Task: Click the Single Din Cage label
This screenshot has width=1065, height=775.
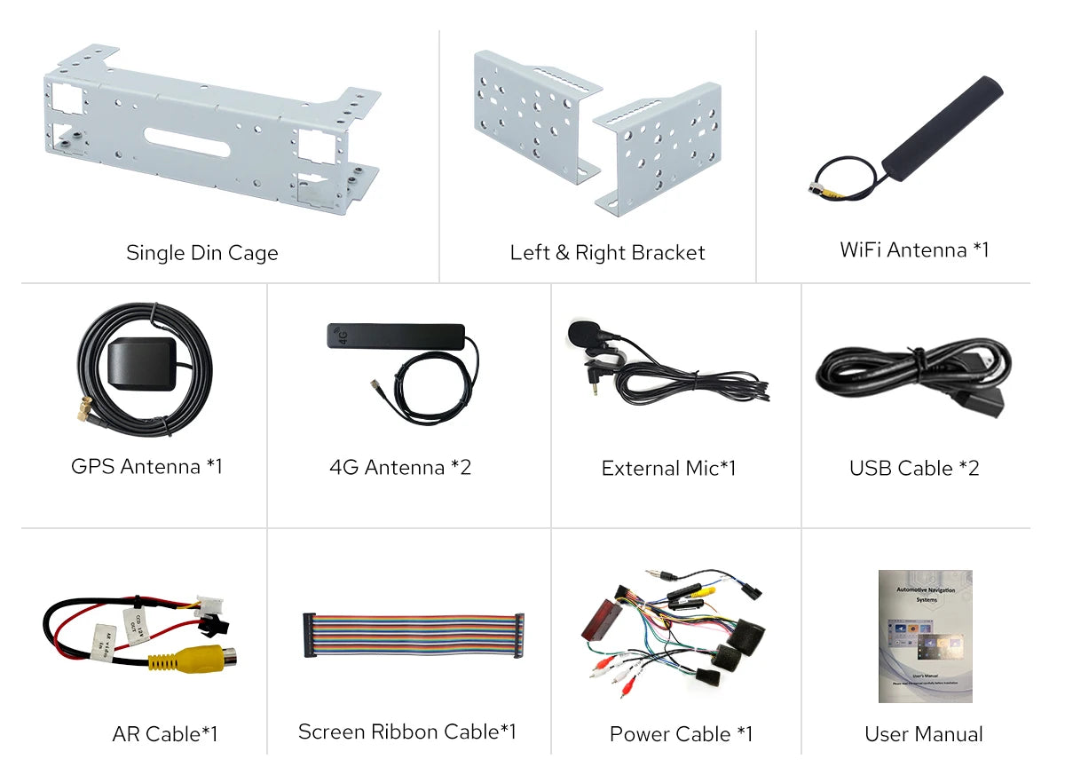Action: (x=201, y=253)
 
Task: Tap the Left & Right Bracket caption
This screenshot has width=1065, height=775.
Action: (x=607, y=253)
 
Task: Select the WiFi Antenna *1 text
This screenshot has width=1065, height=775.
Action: (x=913, y=250)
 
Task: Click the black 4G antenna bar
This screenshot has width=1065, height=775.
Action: (x=395, y=336)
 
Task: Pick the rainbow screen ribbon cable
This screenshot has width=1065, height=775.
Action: (x=413, y=634)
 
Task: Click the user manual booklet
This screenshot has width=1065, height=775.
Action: (x=925, y=636)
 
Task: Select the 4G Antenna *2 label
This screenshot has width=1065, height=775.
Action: (x=399, y=467)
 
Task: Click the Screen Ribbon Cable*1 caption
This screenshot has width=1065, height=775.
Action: (x=406, y=732)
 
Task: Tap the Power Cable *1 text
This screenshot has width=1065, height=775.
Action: (x=680, y=734)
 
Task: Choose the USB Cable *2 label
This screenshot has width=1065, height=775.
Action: (x=913, y=468)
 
